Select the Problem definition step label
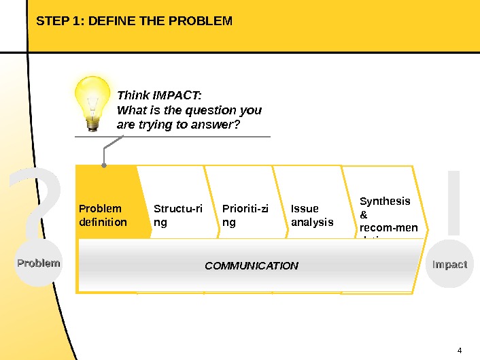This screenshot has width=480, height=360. coord(103,215)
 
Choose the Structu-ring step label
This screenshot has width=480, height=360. coord(177,215)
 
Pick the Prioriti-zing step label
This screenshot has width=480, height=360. coord(245,215)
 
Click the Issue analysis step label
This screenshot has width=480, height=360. coord(312,215)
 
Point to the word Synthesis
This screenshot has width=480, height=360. coord(385,201)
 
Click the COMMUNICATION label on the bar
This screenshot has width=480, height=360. coord(252,265)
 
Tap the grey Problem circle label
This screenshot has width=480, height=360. coord(39,263)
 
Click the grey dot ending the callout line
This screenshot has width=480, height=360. coord(103,165)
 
